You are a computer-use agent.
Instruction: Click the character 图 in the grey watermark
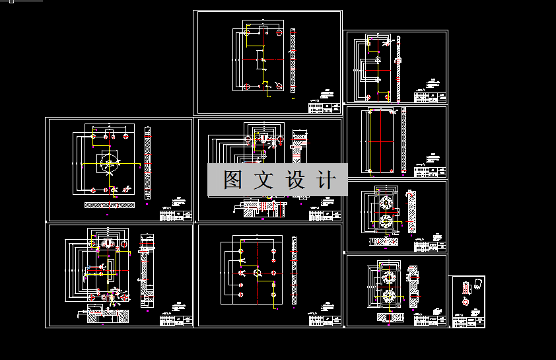pyautogui.click(x=233, y=179)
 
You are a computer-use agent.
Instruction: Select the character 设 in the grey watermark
pyautogui.click(x=295, y=179)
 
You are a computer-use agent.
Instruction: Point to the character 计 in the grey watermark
pyautogui.click(x=326, y=179)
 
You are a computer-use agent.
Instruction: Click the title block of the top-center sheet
pyautogui.click(x=324, y=106)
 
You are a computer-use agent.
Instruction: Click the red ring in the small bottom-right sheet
pyautogui.click(x=467, y=302)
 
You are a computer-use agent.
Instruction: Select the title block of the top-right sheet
pyautogui.click(x=429, y=96)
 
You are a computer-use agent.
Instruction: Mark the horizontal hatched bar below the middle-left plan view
pyautogui.click(x=109, y=205)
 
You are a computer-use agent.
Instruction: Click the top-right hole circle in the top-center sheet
pyautogui.click(x=280, y=32)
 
